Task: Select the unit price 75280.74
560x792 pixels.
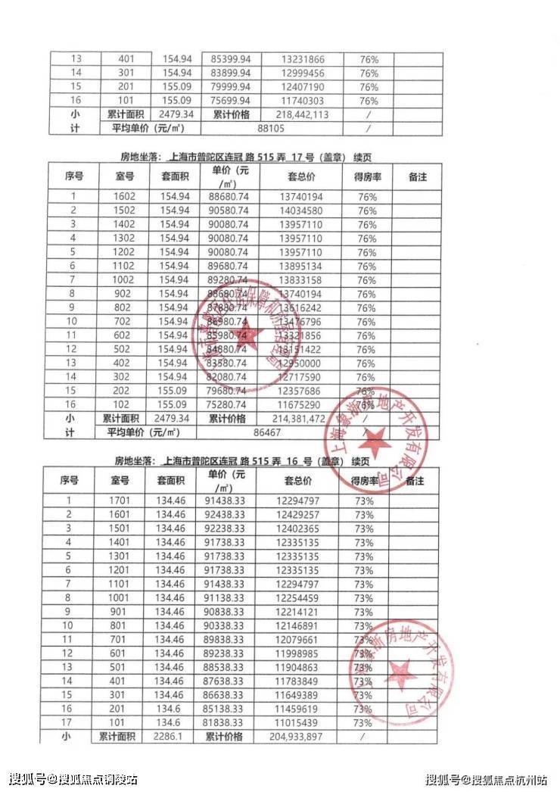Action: (226, 404)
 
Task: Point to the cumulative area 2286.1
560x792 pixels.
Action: (171, 737)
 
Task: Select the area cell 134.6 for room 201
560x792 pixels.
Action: (171, 709)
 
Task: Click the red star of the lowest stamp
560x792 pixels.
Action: (400, 671)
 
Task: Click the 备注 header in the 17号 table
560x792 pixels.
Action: (417, 176)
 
